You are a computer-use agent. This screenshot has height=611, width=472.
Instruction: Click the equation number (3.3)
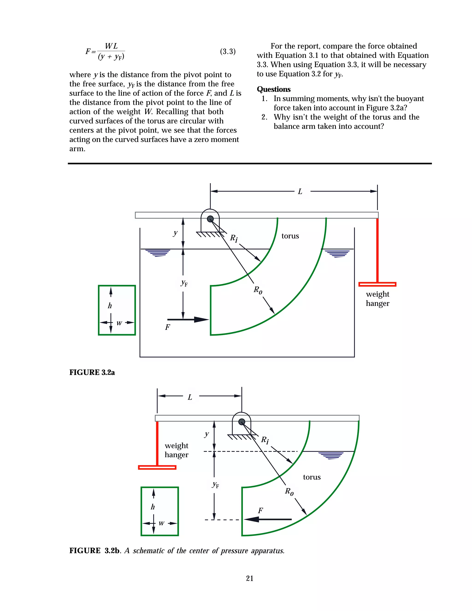(x=228, y=51)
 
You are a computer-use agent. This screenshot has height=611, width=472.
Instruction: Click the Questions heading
(x=274, y=89)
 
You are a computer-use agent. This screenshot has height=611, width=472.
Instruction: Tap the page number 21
(x=250, y=578)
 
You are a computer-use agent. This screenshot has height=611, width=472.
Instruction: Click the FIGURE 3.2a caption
(x=92, y=372)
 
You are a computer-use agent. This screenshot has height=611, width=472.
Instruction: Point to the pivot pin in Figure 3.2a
(x=210, y=219)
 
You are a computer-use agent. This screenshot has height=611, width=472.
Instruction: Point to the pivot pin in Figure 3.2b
(x=242, y=422)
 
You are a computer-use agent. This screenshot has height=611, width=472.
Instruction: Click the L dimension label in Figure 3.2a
(x=300, y=192)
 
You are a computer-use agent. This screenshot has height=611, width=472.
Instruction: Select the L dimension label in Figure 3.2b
(x=190, y=397)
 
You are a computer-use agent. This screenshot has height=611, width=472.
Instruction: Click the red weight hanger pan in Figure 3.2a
(x=377, y=284)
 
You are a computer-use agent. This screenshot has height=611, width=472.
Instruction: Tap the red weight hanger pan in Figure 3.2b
(x=157, y=467)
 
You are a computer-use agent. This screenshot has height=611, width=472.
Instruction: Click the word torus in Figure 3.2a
(x=290, y=236)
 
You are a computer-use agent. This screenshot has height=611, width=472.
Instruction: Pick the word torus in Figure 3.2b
(x=312, y=477)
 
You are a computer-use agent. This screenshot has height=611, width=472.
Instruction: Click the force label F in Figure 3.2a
(x=168, y=327)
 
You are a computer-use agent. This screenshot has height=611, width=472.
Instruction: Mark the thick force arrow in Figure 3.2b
(x=268, y=519)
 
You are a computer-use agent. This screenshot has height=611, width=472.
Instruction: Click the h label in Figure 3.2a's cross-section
(x=110, y=305)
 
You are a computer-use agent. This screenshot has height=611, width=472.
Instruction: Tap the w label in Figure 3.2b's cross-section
(x=161, y=523)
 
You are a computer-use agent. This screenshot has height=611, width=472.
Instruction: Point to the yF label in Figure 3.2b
(x=215, y=485)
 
